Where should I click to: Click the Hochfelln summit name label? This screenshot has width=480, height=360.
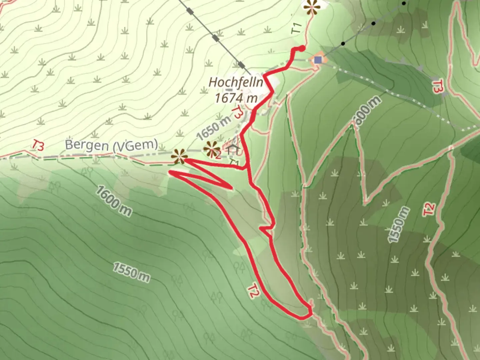tap(236, 82)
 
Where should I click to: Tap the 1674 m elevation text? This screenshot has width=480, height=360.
tap(236, 98)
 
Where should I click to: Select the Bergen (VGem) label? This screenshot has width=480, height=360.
tap(111, 145)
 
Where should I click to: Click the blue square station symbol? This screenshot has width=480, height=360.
tap(318, 60)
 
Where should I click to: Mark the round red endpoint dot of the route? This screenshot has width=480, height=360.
tap(302, 49)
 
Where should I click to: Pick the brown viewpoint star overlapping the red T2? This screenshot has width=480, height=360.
tap(211, 149)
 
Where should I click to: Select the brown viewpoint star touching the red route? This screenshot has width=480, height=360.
tap(179, 156)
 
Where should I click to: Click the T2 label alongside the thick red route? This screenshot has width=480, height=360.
tap(253, 292)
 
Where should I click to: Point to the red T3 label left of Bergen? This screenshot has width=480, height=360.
tap(38, 145)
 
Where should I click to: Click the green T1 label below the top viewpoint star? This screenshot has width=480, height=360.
tap(296, 28)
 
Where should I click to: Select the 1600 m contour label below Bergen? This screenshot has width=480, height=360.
tap(114, 201)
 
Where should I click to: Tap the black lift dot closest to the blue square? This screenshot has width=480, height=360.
tap(343, 44)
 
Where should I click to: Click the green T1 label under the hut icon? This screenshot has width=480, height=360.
tap(234, 162)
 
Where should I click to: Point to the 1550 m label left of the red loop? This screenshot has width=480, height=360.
tap(131, 272)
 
